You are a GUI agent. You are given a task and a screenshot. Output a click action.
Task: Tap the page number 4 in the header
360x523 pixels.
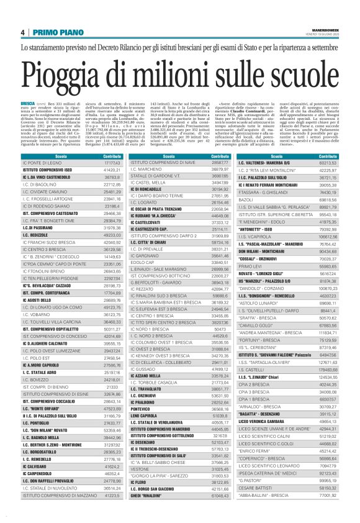[23, 32]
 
